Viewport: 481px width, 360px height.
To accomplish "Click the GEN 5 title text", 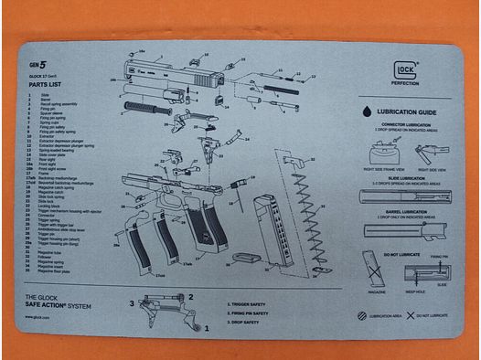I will (x=37, y=66).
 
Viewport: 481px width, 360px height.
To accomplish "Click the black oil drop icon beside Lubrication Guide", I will (x=365, y=109).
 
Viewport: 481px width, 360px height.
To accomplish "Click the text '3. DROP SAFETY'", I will (x=246, y=322).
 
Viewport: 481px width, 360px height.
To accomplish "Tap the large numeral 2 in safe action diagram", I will (x=191, y=296).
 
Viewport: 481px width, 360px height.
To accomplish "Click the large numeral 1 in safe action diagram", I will (x=206, y=326).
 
